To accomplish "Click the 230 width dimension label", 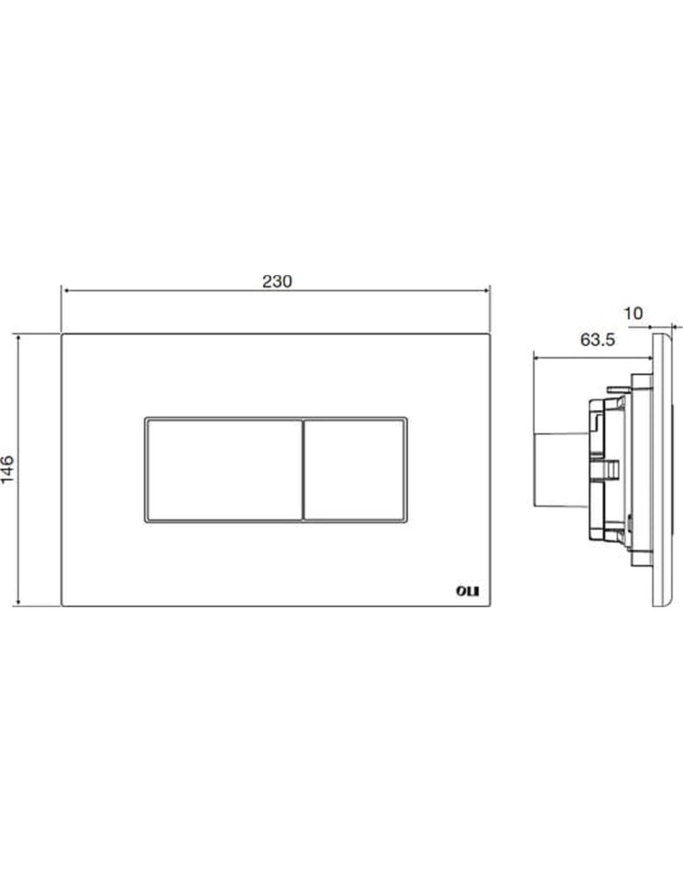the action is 277,281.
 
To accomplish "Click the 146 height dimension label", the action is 7,469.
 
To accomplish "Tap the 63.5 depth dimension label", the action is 597,340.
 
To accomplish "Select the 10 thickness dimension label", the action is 633,314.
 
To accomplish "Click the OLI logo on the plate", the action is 468,591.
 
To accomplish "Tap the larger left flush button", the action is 224,469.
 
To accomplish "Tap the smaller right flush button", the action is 354,469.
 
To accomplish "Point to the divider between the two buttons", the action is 303,469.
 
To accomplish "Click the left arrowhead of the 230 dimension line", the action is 65,291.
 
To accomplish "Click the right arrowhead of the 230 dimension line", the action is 486,291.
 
